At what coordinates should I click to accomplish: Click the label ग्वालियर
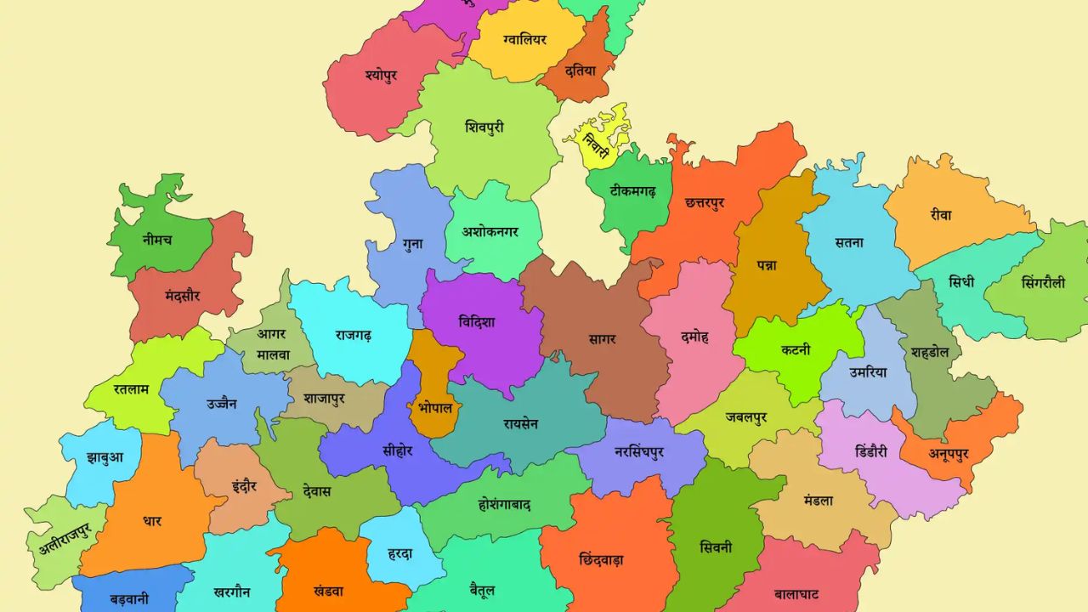[x=524, y=40]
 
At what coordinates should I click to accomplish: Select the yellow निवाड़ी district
[x=598, y=143]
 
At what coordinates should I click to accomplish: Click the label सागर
[x=602, y=339]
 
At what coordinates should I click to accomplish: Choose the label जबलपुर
[x=746, y=417]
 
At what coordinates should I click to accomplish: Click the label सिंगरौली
[x=1043, y=282]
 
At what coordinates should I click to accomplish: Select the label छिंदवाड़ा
[x=601, y=559]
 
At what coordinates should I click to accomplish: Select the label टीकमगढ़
[x=632, y=192]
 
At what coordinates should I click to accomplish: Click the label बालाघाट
[x=796, y=593]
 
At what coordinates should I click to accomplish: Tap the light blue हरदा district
[x=399, y=553]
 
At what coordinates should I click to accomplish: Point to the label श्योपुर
[x=381, y=75]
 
